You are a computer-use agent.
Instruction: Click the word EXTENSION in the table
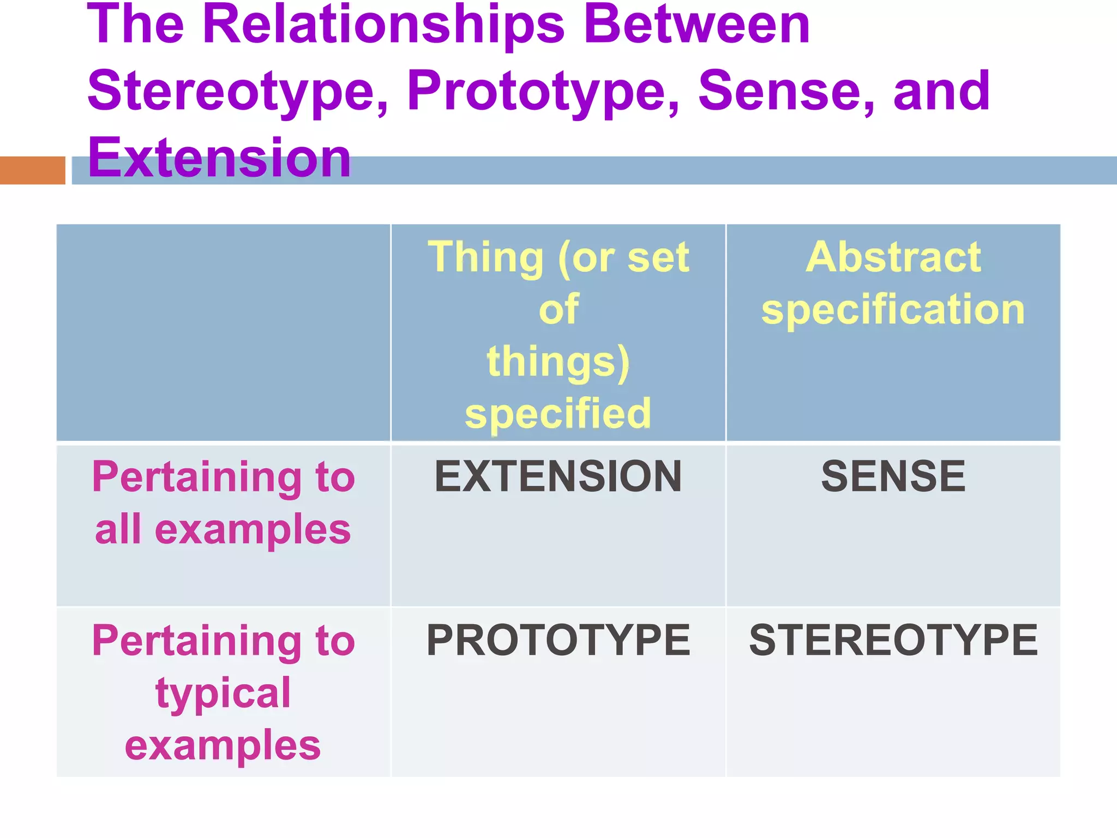pyautogui.click(x=558, y=476)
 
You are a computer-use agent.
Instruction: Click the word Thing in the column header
pyautogui.click(x=485, y=258)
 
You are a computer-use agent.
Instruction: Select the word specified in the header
pyautogui.click(x=558, y=413)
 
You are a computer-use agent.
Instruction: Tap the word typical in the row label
pyautogui.click(x=223, y=693)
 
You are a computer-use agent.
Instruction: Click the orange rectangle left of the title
pyautogui.click(x=32, y=170)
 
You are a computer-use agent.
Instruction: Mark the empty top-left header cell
pyautogui.click(x=223, y=332)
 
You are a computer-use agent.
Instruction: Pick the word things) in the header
pyautogui.click(x=558, y=361)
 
